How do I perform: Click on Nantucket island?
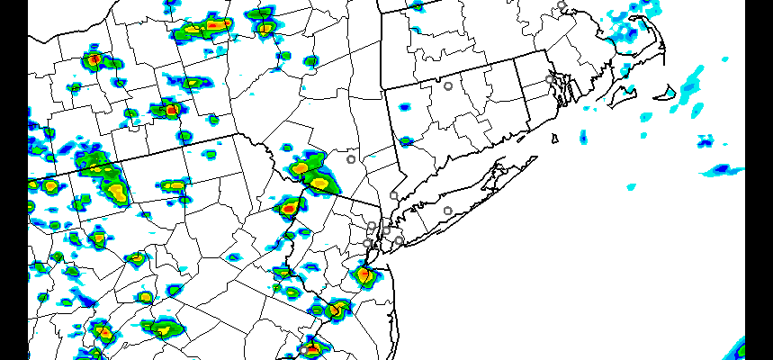click(668, 93)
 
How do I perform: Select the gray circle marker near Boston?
click(562, 5)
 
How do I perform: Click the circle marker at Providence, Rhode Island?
click(549, 79)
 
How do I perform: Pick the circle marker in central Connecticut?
click(447, 86)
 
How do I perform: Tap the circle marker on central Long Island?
click(447, 211)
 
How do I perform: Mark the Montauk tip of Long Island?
click(536, 158)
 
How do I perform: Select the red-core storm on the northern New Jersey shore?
click(364, 274)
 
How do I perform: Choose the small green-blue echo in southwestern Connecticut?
click(406, 141)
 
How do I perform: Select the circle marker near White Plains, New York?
click(393, 195)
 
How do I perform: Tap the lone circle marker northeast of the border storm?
click(351, 159)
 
